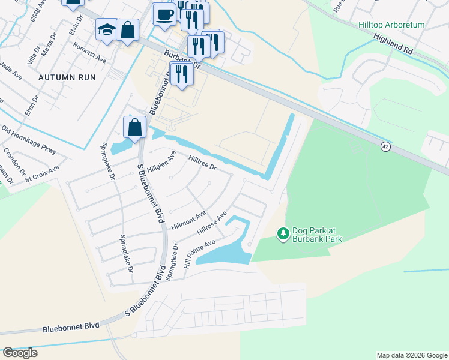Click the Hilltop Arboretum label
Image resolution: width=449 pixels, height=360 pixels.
pyautogui.click(x=391, y=25)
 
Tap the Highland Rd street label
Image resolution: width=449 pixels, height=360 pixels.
pyautogui.click(x=394, y=45)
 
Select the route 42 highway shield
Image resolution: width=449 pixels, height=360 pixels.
pyautogui.click(x=385, y=146)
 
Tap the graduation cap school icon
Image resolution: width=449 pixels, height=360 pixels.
pyautogui.click(x=106, y=29)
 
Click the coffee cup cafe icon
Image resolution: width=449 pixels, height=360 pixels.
pyautogui.click(x=164, y=14)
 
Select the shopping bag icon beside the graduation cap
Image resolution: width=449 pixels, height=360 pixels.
pyautogui.click(x=128, y=29)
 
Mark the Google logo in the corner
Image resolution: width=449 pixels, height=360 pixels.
pyautogui.click(x=20, y=353)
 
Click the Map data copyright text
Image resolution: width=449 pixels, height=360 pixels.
pyautogui.click(x=411, y=355)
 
